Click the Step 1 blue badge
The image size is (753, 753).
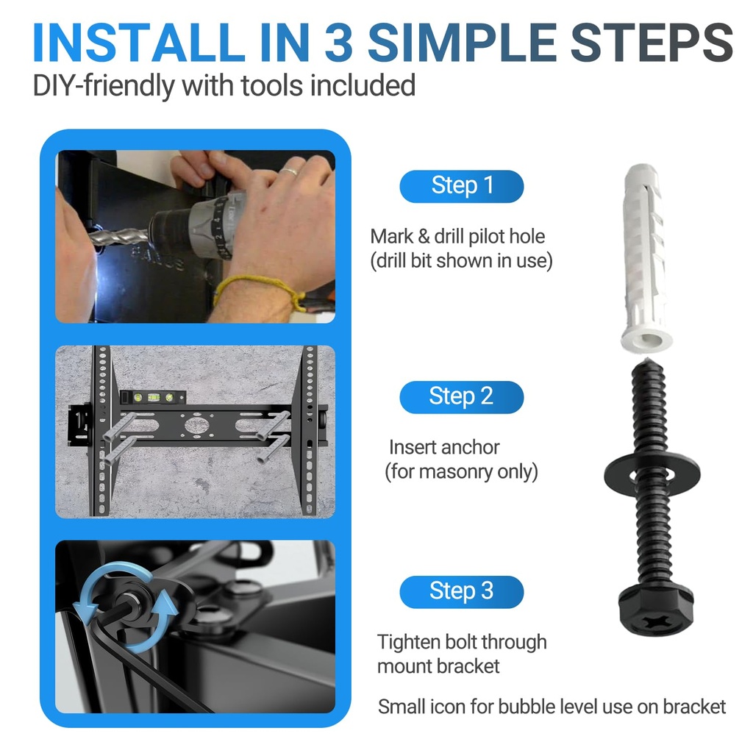tap(461, 186)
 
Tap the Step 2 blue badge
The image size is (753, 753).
tap(461, 397)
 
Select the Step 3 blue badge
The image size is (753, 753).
tap(461, 592)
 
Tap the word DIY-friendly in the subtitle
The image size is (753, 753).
tap(104, 85)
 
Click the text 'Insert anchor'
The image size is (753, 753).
tap(444, 447)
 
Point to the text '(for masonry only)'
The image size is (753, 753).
tap(461, 471)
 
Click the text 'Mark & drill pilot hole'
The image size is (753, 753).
tap(457, 236)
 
